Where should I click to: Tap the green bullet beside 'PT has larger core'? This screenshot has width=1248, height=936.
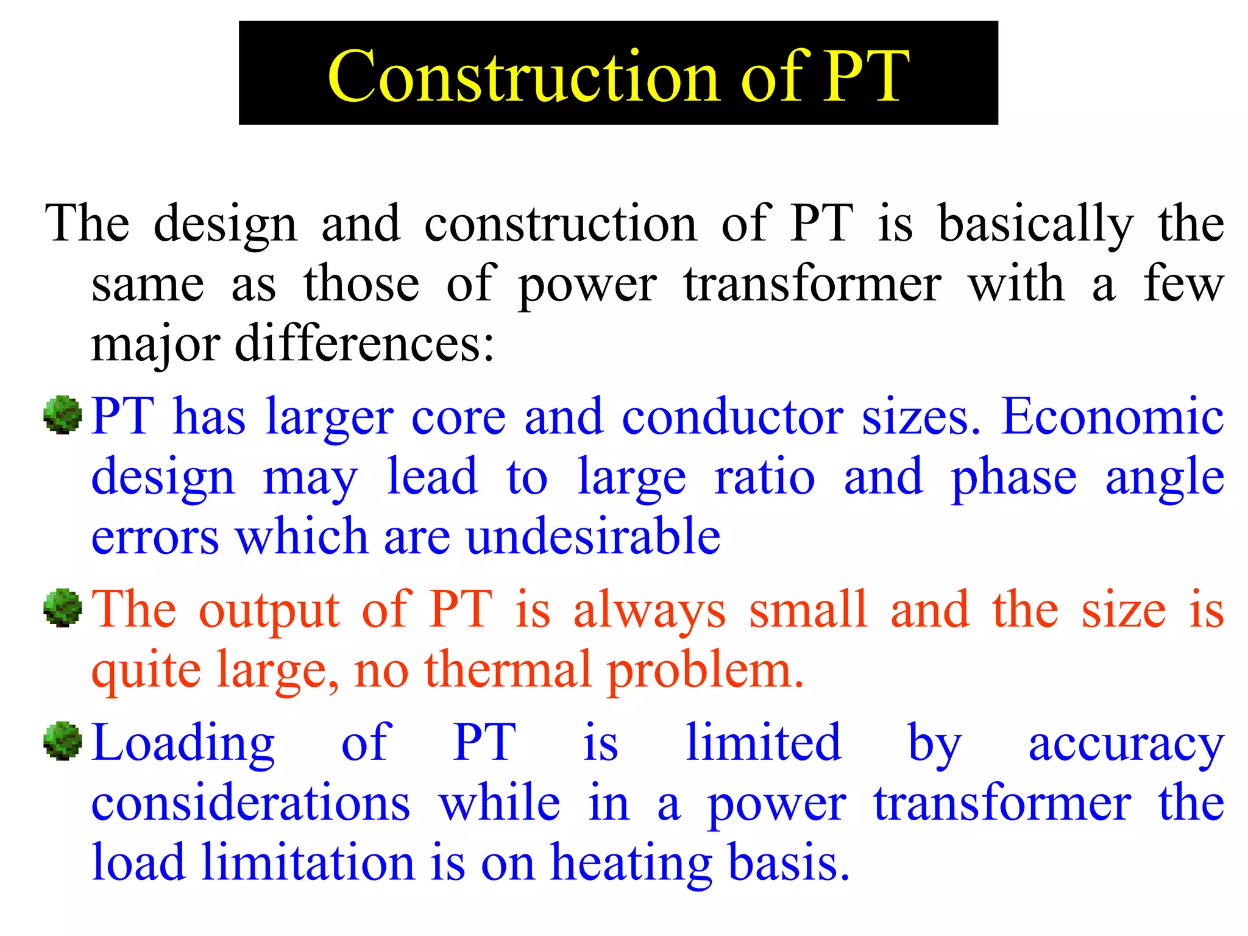click(x=63, y=415)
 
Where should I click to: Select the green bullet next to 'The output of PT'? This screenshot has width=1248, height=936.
click(x=63, y=608)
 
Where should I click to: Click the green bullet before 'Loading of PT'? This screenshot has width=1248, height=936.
click(x=63, y=741)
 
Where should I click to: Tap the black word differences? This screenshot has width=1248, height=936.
click(x=364, y=344)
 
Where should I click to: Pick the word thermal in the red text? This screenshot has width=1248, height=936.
click(x=509, y=669)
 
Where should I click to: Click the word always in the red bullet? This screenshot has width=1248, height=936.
click(x=650, y=609)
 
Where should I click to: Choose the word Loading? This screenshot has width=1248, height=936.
click(x=183, y=743)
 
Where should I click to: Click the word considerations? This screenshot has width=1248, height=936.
click(x=250, y=803)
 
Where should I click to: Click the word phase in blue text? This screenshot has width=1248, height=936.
click(x=1013, y=478)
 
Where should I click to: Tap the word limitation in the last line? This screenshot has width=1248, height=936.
click(x=308, y=862)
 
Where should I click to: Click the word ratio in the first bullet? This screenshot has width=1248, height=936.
click(x=765, y=477)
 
